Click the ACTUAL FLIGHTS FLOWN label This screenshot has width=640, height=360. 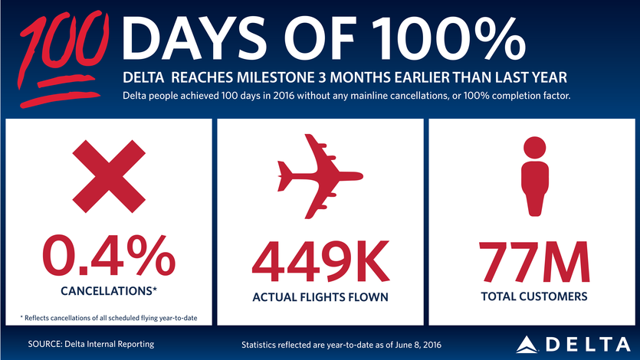[320, 296]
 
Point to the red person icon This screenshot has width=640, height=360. [533, 175]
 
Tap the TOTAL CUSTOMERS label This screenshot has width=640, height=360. [533, 296]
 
